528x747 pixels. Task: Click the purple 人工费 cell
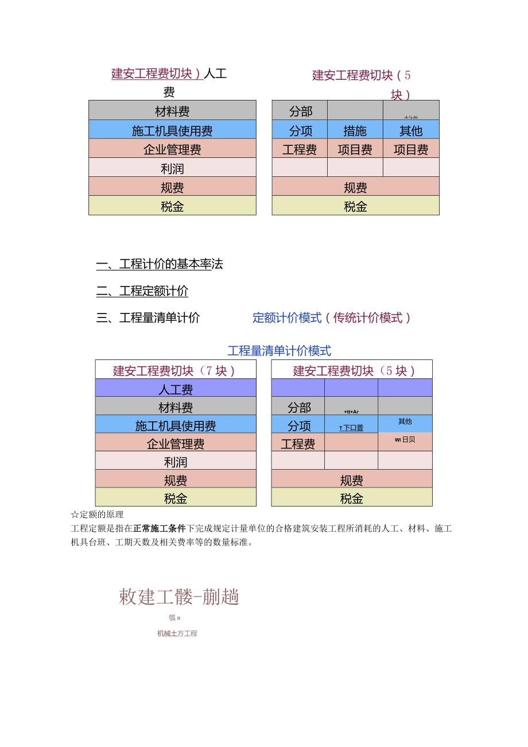click(176, 389)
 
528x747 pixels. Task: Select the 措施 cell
click(355, 130)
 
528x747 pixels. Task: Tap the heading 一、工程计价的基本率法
click(160, 264)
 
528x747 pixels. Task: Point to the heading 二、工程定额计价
click(142, 291)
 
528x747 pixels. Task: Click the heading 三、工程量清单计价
click(148, 318)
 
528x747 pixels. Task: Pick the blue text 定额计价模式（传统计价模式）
click(332, 318)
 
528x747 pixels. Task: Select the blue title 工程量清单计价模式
click(279, 350)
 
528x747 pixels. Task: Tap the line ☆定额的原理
click(97, 514)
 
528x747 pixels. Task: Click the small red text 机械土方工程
click(177, 633)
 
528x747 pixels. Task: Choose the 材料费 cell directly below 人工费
click(176, 407)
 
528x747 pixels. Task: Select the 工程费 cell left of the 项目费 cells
click(300, 149)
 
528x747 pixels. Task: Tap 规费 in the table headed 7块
click(176, 480)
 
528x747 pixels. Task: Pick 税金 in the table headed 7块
click(176, 498)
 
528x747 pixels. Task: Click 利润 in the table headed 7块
click(176, 462)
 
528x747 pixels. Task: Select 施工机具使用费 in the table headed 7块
click(176, 425)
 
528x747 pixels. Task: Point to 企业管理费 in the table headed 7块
click(176, 443)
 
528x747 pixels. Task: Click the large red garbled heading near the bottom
click(178, 597)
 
